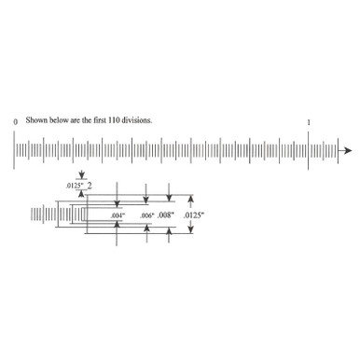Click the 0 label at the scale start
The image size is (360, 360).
click(x=15, y=122)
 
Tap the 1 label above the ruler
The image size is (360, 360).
click(x=309, y=122)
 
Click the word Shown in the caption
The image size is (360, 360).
click(x=35, y=121)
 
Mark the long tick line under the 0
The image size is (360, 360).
click(x=15, y=150)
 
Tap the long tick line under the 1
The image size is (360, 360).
click(x=309, y=150)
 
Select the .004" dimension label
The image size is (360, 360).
click(x=118, y=216)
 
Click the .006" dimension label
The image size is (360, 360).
click(x=146, y=216)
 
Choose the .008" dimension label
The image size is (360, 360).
click(x=167, y=215)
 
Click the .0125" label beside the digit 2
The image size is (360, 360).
click(x=75, y=187)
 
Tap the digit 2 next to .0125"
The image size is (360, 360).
click(x=90, y=186)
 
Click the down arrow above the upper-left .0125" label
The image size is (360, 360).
click(x=83, y=174)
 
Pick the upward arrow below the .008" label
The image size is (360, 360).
click(x=168, y=237)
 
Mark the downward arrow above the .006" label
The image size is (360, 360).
click(x=146, y=197)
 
